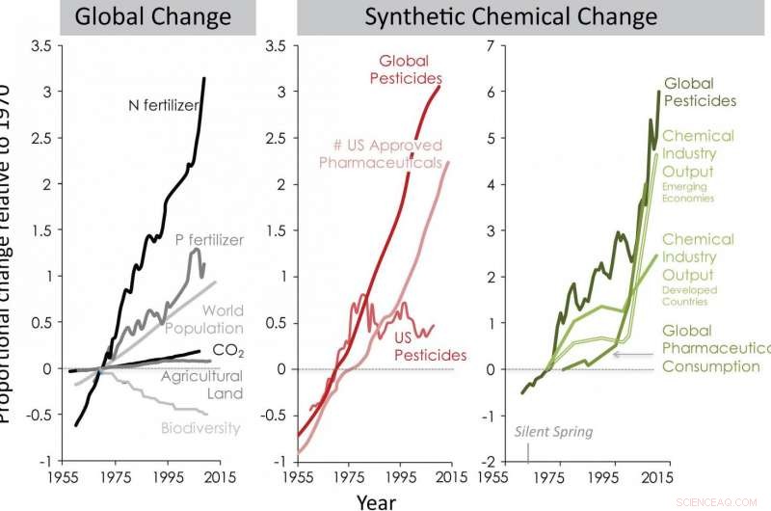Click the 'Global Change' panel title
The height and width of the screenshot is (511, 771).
pos(152,17)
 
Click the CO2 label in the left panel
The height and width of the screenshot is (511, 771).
pos(226,349)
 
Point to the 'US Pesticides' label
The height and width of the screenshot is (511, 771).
pos(431,346)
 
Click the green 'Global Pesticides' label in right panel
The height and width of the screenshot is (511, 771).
pos(701,92)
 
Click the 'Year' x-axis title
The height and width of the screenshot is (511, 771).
pos(375,500)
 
